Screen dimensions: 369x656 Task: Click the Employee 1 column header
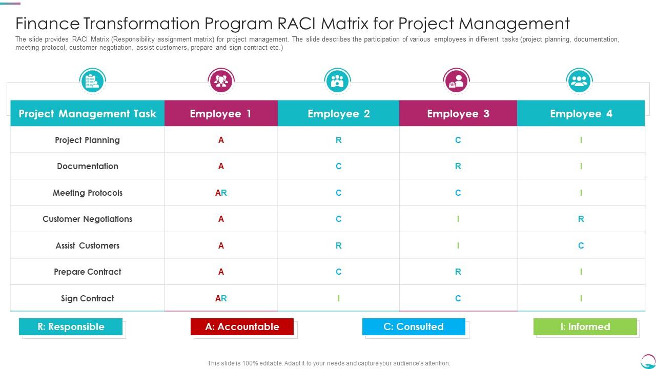pyautogui.click(x=221, y=114)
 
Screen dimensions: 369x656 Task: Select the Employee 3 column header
pyautogui.click(x=458, y=114)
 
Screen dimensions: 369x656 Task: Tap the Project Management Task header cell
pyautogui.click(x=87, y=114)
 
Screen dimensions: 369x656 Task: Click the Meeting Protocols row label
pyautogui.click(x=88, y=193)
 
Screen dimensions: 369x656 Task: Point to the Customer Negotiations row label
pyautogui.click(x=88, y=219)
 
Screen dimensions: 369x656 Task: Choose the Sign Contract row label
pyautogui.click(x=88, y=298)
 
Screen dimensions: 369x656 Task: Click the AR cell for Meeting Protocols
pyautogui.click(x=221, y=193)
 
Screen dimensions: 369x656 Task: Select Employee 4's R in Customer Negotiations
pyautogui.click(x=581, y=219)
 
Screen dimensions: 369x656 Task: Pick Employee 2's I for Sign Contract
pyautogui.click(x=338, y=298)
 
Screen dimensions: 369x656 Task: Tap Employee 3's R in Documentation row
pyautogui.click(x=458, y=166)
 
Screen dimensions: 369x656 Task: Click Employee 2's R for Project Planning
pyautogui.click(x=338, y=140)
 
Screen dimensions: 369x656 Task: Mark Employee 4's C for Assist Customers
pyautogui.click(x=581, y=245)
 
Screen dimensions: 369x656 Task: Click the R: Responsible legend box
pyautogui.click(x=71, y=326)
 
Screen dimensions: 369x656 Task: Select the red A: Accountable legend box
pyautogui.click(x=242, y=326)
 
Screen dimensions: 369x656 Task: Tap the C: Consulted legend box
pyautogui.click(x=414, y=326)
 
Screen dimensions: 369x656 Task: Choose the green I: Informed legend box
pyautogui.click(x=585, y=326)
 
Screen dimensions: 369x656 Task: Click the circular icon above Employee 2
pyautogui.click(x=337, y=81)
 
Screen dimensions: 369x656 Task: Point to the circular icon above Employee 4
pyautogui.click(x=579, y=81)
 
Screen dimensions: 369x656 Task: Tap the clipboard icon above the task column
pyautogui.click(x=92, y=81)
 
